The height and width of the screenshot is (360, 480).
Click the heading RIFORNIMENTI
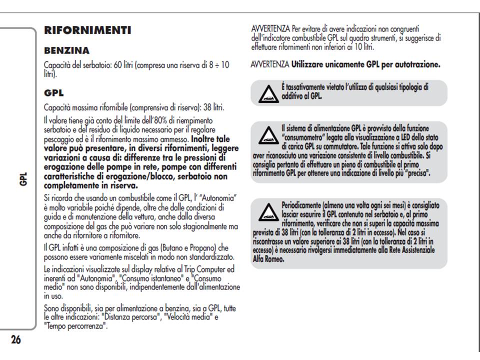pyautogui.click(x=87, y=30)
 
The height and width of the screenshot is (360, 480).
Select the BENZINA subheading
pyautogui.click(x=66, y=50)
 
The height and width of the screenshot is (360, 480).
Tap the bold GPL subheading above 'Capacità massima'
pyautogui.click(x=54, y=93)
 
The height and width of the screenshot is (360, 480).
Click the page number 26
pyautogui.click(x=16, y=340)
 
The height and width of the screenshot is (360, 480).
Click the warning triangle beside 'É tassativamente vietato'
pyautogui.click(x=268, y=93)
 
